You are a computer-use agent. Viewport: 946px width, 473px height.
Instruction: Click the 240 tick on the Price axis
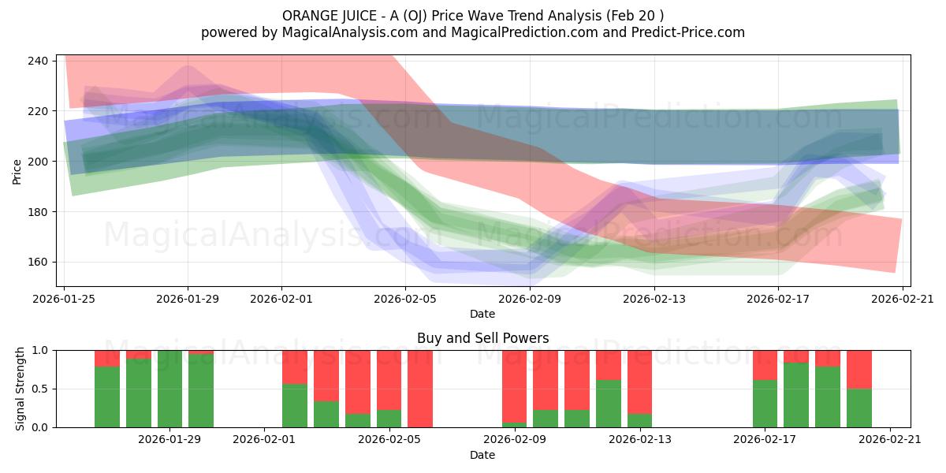(39, 61)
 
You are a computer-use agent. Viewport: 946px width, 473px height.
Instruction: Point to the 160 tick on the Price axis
(39, 262)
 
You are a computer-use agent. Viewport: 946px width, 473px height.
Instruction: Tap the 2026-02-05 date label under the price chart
(405, 299)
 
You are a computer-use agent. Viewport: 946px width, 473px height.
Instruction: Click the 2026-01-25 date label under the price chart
(65, 299)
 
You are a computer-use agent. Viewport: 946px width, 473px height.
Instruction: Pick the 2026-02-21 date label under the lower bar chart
(890, 440)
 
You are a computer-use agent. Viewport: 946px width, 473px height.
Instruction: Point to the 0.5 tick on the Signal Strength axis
(40, 389)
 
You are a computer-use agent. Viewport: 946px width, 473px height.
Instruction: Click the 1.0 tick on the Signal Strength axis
(40, 350)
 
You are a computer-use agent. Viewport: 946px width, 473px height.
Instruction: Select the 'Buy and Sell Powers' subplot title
(482, 338)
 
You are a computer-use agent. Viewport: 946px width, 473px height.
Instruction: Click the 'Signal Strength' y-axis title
(20, 389)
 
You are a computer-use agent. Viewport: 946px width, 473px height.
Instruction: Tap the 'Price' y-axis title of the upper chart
(17, 170)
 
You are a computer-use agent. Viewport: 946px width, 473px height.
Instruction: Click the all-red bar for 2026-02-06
(420, 389)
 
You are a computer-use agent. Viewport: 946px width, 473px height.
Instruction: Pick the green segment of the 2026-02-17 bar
(765, 404)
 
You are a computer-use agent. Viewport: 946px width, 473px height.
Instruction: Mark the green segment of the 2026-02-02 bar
(295, 406)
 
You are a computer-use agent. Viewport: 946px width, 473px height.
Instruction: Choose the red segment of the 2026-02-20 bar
(859, 369)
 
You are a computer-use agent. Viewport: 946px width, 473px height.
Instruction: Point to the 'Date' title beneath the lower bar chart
(482, 455)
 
